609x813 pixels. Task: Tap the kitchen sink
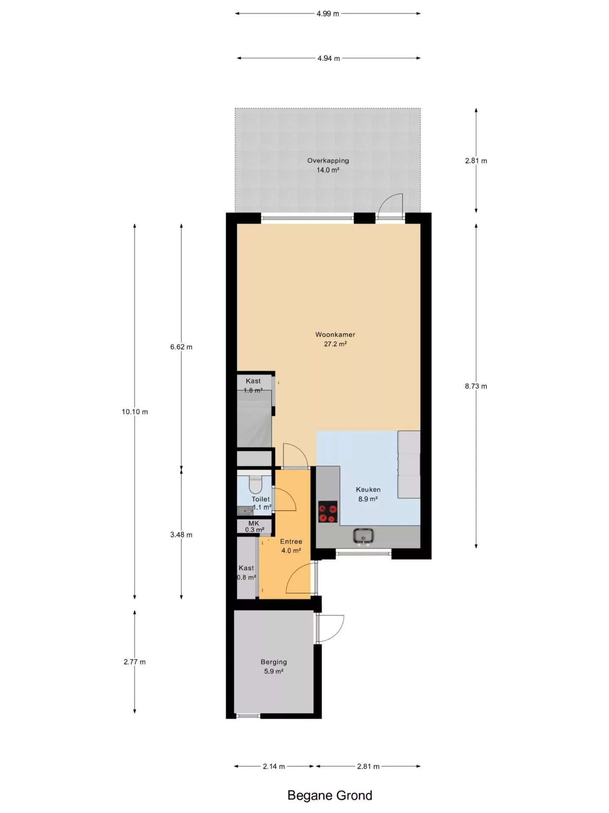[x=363, y=536]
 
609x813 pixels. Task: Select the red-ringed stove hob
[x=328, y=512]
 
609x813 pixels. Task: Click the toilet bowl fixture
[x=255, y=484]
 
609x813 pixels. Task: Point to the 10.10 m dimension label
[x=135, y=412]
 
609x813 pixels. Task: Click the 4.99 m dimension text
[x=328, y=14]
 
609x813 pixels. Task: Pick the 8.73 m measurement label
[x=476, y=386]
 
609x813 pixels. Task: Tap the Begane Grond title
[x=330, y=795]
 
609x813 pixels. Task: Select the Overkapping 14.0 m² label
[x=328, y=165]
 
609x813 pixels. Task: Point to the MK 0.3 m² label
[x=254, y=526]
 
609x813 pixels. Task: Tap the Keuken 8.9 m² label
[x=368, y=494]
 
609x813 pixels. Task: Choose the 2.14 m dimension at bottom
[x=274, y=766]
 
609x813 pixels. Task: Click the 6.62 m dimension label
[x=181, y=347]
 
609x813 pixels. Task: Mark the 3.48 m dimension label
[x=181, y=535]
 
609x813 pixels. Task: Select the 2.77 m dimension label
[x=135, y=662]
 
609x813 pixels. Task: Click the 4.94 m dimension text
[x=329, y=58]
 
